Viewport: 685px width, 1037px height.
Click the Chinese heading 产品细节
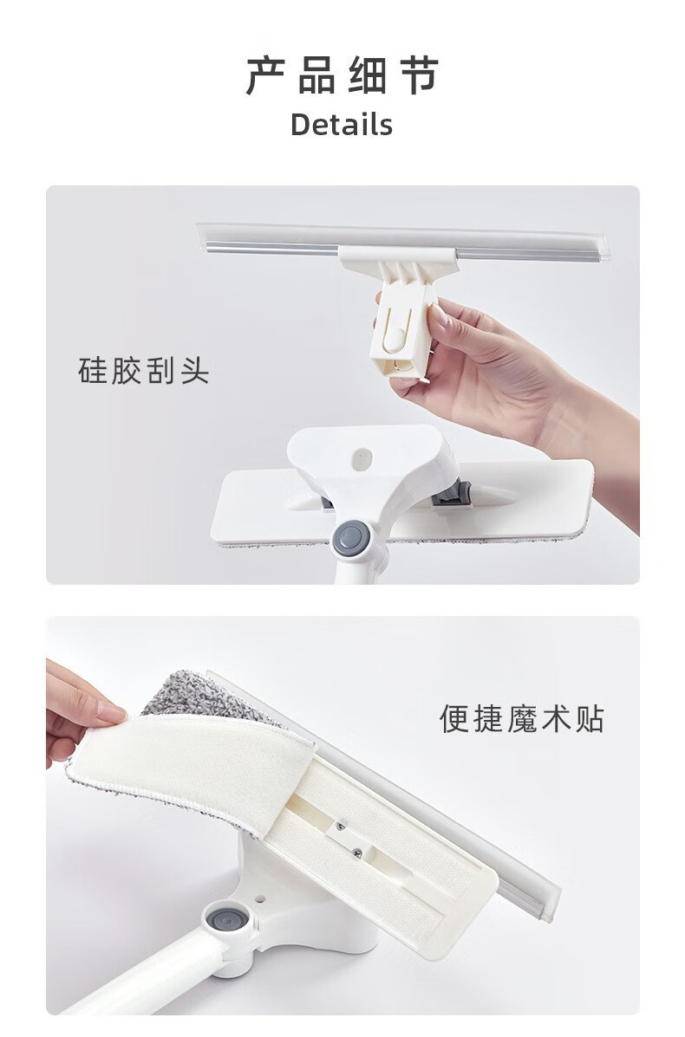coord(342,76)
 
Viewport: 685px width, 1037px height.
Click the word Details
coord(342,125)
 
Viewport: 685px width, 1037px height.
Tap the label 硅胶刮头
coord(144,370)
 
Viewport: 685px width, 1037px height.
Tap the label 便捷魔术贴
coord(522,718)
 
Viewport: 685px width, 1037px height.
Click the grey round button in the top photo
coord(351,538)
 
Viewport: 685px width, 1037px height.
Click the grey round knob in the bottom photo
coord(228,919)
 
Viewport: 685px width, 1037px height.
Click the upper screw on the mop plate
coord(340,825)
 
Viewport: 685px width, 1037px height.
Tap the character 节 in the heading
coord(420,76)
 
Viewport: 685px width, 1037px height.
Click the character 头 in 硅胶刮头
coord(194,370)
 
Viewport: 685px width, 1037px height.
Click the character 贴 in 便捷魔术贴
coord(590,718)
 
